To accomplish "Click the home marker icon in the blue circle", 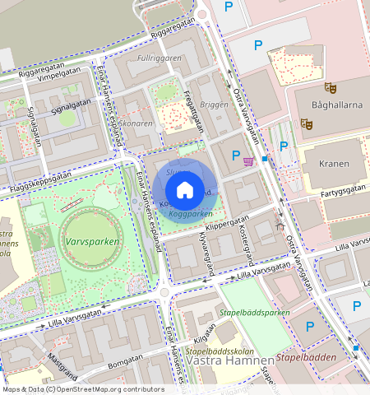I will tap(185, 190).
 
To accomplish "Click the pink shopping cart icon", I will tap(248, 160).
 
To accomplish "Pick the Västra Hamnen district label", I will tap(230, 360).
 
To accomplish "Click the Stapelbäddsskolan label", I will tap(215, 350).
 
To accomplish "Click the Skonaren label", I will tap(136, 123).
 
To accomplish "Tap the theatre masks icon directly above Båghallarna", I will tap(331, 87).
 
